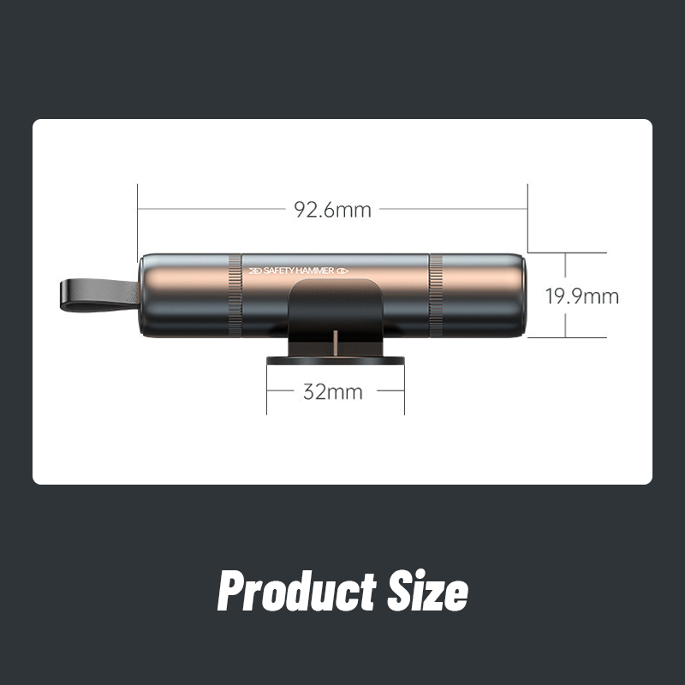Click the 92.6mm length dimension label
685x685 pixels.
pyautogui.click(x=332, y=210)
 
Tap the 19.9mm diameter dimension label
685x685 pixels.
pyautogui.click(x=581, y=296)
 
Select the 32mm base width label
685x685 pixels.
pyautogui.click(x=332, y=392)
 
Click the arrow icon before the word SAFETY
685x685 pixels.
pyautogui.click(x=254, y=271)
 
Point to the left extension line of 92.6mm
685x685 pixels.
pyautogui.click(x=137, y=218)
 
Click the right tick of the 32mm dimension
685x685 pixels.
pyautogui.click(x=403, y=392)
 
